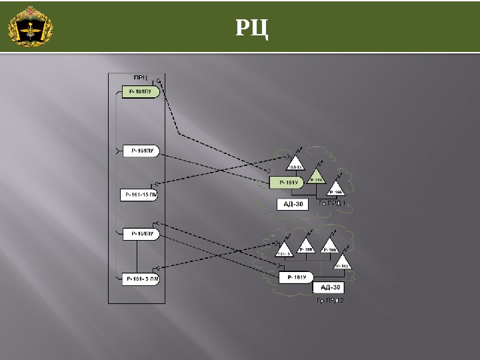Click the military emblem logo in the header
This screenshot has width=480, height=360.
point(30,27)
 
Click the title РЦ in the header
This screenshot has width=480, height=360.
point(253,27)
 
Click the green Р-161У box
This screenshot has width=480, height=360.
point(287,182)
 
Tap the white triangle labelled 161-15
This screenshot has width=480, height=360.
point(295,164)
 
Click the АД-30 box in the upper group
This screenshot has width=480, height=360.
point(293,205)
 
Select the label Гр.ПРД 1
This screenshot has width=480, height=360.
point(332,203)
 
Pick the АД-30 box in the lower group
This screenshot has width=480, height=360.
point(330,287)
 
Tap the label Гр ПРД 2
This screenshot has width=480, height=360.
point(329,301)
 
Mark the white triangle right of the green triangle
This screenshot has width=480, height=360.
point(336,189)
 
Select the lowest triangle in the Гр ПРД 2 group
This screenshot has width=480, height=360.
point(343,263)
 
